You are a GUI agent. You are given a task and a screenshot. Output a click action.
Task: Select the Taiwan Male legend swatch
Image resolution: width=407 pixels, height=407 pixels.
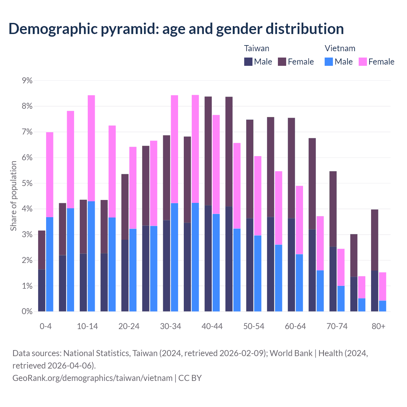point(248,62)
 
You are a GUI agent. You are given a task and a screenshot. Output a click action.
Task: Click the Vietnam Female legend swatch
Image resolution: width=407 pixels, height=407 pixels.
point(363,62)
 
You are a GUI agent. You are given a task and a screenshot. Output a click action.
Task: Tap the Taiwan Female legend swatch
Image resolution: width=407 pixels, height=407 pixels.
point(282,62)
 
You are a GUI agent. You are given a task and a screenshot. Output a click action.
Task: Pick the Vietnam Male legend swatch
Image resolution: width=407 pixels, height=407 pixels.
point(329,62)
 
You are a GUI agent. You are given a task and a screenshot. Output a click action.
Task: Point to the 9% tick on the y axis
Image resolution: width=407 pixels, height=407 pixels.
point(27,81)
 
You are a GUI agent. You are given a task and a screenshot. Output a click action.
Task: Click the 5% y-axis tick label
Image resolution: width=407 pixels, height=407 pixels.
point(27,183)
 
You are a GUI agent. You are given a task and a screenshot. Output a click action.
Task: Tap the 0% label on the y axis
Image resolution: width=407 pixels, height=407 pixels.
point(27,312)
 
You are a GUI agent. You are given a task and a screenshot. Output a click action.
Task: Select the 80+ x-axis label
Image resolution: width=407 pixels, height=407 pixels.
point(378,327)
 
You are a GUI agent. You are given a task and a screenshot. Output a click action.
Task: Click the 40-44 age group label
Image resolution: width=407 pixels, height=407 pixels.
point(212,327)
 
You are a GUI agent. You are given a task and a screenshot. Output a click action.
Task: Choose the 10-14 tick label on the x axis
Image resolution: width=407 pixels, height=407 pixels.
point(87,327)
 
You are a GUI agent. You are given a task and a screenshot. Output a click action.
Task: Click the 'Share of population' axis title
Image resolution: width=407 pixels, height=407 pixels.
point(13,196)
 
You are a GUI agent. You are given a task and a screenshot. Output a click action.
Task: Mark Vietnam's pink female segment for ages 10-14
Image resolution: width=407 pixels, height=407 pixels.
point(91,148)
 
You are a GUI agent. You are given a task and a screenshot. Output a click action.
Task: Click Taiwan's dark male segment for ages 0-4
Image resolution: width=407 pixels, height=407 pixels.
point(42,290)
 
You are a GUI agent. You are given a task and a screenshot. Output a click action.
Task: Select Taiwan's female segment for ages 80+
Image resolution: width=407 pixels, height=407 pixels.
point(375,240)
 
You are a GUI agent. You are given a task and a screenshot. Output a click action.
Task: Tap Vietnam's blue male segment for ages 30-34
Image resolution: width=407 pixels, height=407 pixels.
point(175,257)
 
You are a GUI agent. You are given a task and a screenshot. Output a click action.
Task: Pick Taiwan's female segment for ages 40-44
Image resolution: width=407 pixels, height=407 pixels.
point(208,151)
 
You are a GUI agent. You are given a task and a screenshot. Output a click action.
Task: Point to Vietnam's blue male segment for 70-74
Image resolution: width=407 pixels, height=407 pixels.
point(341,299)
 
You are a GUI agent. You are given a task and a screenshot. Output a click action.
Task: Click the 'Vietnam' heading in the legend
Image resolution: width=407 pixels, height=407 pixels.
point(340,48)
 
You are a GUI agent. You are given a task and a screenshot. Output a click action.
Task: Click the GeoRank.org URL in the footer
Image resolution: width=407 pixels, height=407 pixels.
point(92,378)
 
